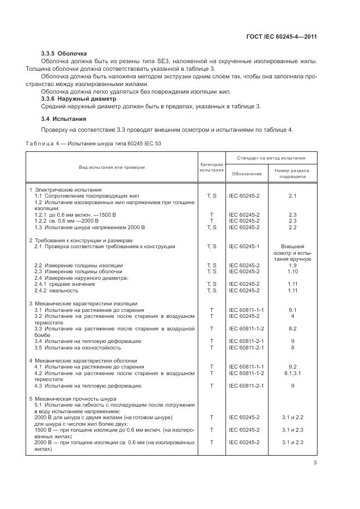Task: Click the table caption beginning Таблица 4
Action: [x=93, y=143]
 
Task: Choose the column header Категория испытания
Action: [x=211, y=167]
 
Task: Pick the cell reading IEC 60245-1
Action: [x=244, y=247]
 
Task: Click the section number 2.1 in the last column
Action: [x=292, y=195]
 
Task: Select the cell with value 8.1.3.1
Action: [x=292, y=373]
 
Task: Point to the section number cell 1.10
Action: [x=292, y=271]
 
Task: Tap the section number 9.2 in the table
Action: [x=292, y=367]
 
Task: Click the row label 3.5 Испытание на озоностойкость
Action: [x=77, y=348]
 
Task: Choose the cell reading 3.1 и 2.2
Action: [x=292, y=417]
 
